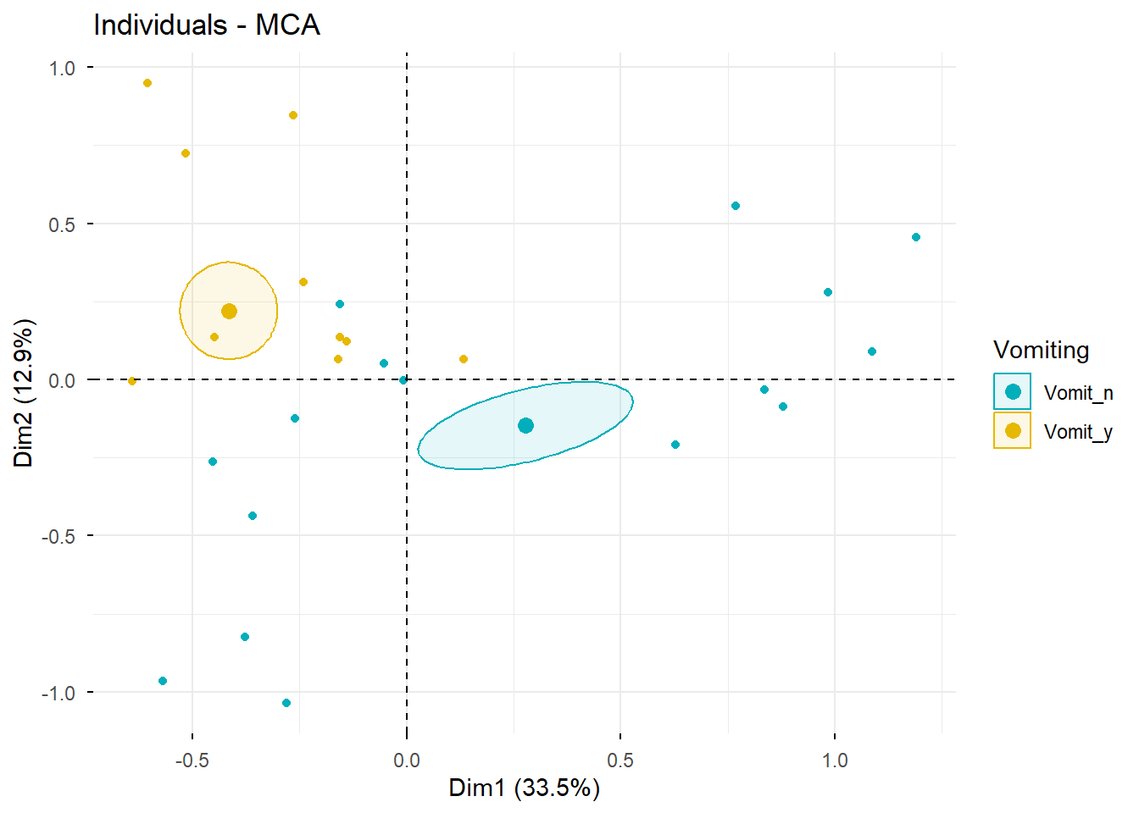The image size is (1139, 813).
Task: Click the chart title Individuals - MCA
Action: coord(207,25)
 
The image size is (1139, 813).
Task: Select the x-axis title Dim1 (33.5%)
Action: coord(524,788)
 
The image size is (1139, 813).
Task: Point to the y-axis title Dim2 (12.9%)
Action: coord(24,393)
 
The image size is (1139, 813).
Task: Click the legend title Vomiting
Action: coord(1041,350)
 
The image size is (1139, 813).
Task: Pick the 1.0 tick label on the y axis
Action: coord(62,68)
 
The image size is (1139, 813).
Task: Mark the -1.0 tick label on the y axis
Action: coord(58,693)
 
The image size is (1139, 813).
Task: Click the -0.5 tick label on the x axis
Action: coord(192,760)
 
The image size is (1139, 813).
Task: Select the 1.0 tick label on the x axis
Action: coord(835,760)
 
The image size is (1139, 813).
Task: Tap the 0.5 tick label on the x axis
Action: coord(620,760)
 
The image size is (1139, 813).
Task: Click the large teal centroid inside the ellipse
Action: coord(525,425)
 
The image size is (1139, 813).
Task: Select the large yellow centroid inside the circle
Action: coord(229,312)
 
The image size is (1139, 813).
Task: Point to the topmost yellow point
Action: coord(147,83)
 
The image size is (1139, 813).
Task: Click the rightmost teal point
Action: coord(916,237)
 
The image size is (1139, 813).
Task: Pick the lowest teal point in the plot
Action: coord(286,703)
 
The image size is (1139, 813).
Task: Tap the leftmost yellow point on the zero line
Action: coord(132,381)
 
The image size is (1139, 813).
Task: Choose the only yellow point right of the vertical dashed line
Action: coord(464,359)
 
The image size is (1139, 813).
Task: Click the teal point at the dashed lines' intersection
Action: coord(403,380)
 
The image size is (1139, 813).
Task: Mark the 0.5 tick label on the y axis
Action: coord(62,224)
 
